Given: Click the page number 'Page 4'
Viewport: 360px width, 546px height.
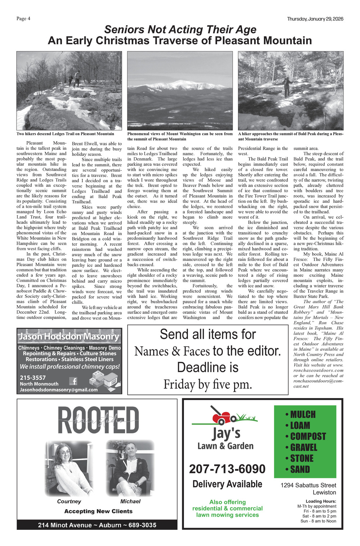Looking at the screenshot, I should coord(23,19).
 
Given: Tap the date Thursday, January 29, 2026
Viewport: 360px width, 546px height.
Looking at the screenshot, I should coord(315,19).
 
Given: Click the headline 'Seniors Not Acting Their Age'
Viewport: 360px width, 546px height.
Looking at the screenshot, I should coord(180,30).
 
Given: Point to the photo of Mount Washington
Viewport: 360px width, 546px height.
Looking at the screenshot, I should coord(180,90).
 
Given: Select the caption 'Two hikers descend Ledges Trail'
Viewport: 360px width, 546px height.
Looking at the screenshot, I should coord(65,134).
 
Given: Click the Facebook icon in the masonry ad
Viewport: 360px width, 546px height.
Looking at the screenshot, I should coord(73,381).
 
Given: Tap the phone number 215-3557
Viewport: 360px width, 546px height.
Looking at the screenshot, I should coord(33,378).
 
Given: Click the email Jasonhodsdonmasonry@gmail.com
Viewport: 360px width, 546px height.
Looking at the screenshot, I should coord(59,389).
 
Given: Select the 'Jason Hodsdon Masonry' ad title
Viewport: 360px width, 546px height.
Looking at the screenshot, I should coord(69,337).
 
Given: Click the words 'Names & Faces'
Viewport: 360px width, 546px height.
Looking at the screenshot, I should coord(172,351).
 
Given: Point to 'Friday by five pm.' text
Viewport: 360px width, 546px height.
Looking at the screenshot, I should coord(208,384).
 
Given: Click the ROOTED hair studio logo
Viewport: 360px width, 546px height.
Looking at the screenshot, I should coord(98,420).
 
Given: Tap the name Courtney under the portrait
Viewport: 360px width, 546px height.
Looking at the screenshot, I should coord(69,501).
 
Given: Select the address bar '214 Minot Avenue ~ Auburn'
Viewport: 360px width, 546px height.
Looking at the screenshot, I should coord(97,525).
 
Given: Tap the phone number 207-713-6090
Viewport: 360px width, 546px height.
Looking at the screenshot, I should coord(227,469).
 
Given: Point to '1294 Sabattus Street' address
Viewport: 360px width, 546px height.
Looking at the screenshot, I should coord(308,485).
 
